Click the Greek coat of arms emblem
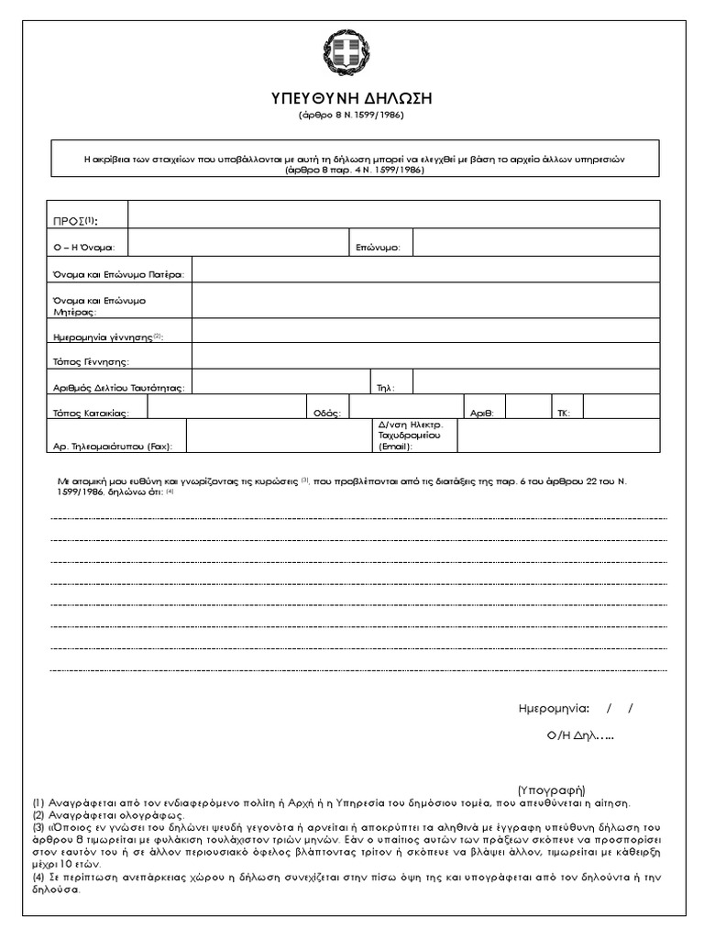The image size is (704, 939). (x=351, y=54)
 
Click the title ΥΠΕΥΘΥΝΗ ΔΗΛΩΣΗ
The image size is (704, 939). (x=351, y=98)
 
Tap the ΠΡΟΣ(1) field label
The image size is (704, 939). (x=76, y=220)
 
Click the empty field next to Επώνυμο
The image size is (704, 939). (x=535, y=243)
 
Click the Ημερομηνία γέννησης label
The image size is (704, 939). (x=108, y=337)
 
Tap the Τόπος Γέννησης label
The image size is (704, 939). (x=92, y=362)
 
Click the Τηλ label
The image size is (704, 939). (x=386, y=388)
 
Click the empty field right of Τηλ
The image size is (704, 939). (x=535, y=381)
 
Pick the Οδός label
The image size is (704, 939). (x=327, y=414)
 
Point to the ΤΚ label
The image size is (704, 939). (x=563, y=414)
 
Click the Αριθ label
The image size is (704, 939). (x=482, y=414)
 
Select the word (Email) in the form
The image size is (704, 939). (x=395, y=447)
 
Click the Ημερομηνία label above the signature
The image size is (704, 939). (x=553, y=709)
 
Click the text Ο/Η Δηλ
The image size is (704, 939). (x=572, y=735)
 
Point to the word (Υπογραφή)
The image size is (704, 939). (x=551, y=790)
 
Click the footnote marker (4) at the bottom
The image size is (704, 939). (x=38, y=878)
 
